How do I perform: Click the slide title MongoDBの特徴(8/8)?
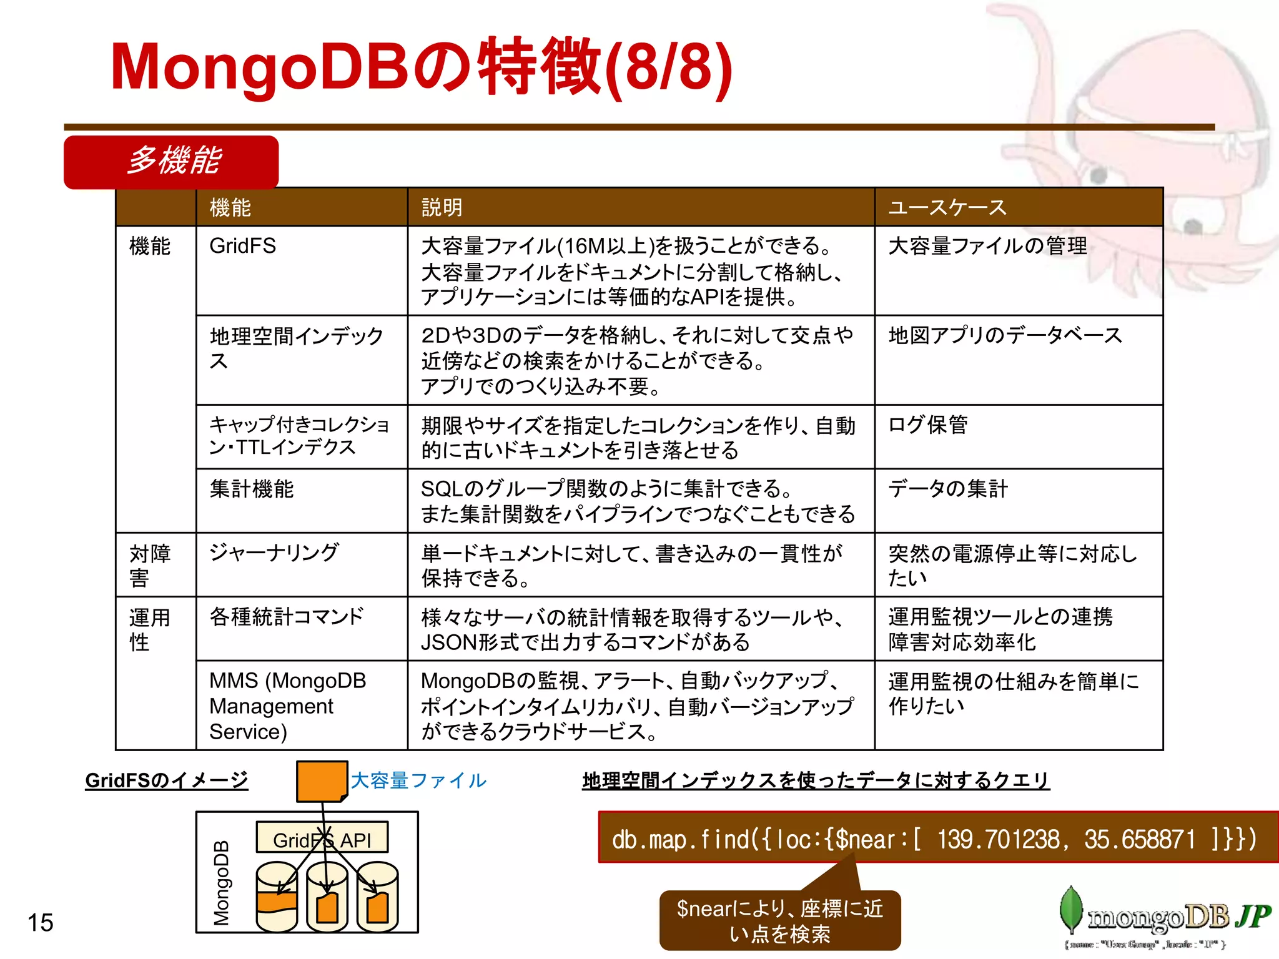(422, 67)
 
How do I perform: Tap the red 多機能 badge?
(171, 162)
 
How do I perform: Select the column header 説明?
(442, 207)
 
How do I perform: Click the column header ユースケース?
(947, 207)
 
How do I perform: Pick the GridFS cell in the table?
(243, 246)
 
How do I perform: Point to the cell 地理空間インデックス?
(296, 348)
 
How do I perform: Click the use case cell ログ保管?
(928, 425)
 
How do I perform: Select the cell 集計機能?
(252, 489)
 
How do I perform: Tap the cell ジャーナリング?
(274, 553)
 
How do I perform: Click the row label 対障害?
(150, 565)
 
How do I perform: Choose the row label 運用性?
(150, 629)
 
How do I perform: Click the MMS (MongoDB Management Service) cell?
(288, 706)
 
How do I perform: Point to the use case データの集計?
(948, 489)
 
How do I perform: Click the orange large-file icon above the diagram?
(321, 781)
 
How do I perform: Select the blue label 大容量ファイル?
(418, 780)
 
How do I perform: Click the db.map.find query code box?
(934, 839)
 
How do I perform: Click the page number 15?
(41, 923)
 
